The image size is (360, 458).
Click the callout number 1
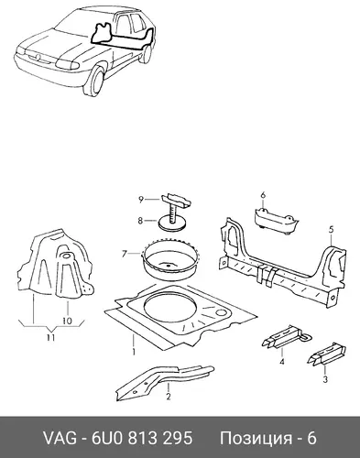point(134,352)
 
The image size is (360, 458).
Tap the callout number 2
point(168,396)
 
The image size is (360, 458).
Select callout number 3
point(325,379)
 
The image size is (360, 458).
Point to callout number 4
point(282,362)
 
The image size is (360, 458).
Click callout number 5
point(332,229)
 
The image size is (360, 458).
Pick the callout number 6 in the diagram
point(263,195)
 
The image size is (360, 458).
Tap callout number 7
point(124,254)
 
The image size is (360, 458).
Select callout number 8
point(140,220)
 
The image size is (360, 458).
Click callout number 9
point(141,200)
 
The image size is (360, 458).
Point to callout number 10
point(67,321)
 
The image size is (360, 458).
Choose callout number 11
point(50,338)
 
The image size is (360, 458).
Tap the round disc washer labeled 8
point(173,223)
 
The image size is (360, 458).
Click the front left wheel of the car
point(97,81)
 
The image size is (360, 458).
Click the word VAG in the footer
point(60,438)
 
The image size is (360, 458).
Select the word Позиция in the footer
point(256,439)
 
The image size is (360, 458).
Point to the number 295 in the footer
point(179,438)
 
